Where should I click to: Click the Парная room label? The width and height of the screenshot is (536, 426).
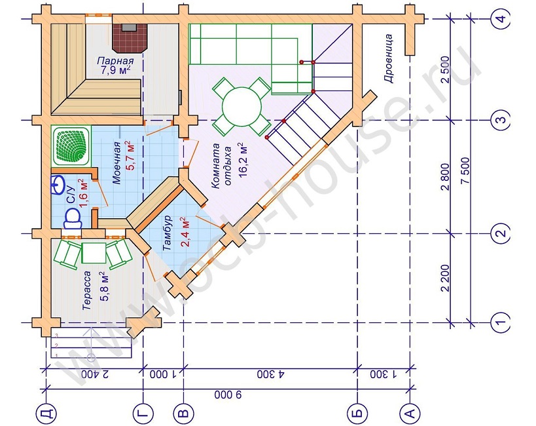coord(115,62)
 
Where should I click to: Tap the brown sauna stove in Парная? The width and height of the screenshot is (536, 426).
coord(130,38)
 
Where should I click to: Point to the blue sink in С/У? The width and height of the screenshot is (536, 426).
coord(57,185)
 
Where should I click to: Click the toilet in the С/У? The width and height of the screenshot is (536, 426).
coord(72,219)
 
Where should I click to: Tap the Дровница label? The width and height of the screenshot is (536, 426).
coord(388,58)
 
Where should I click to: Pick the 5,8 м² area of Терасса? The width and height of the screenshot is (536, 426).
coord(104,286)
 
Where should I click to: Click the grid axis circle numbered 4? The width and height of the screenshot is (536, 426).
coord(501,18)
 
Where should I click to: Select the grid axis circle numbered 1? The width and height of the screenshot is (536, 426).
coord(501,322)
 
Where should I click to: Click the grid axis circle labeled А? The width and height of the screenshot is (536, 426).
coord(410,413)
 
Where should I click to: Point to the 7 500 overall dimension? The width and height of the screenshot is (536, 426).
coord(465,171)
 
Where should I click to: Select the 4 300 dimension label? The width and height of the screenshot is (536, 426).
coord(271,374)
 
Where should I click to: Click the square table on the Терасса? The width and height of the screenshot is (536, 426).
coord(94,253)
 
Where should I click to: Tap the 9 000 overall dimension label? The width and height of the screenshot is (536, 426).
coord(228,395)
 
